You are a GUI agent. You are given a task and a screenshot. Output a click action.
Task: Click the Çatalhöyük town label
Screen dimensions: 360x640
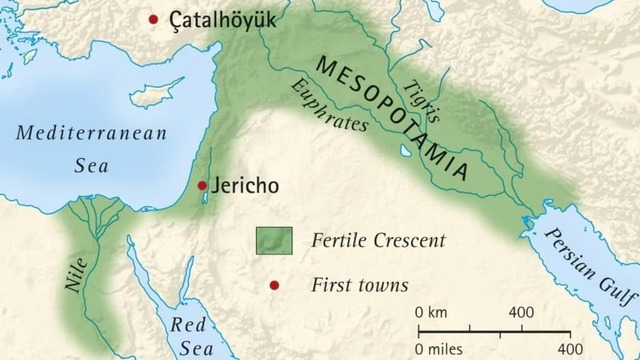click(x=223, y=20)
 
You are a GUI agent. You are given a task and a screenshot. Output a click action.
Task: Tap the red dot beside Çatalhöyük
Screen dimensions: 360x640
click(x=153, y=19)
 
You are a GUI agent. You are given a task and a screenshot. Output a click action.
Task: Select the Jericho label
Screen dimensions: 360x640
click(x=244, y=186)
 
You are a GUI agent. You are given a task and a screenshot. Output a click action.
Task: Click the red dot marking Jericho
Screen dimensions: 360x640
click(x=202, y=185)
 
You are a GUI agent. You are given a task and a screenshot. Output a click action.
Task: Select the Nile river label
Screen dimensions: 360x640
click(x=77, y=273)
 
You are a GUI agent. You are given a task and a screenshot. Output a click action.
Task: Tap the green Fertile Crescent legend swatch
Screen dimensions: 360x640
click(x=272, y=241)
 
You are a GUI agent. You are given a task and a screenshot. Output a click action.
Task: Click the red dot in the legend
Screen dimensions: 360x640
click(x=273, y=286)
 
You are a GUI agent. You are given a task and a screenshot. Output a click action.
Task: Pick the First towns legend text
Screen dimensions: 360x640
click(x=360, y=286)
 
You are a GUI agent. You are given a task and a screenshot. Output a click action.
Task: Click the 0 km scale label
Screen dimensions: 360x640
click(x=431, y=313)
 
